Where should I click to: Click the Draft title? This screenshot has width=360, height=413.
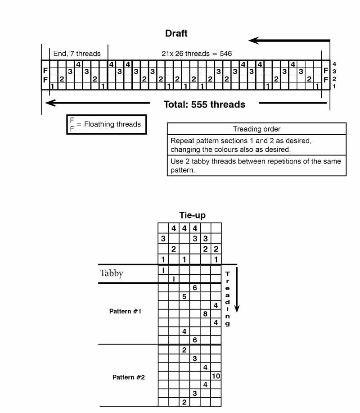(x=176, y=33)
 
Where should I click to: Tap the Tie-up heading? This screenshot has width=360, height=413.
(x=192, y=215)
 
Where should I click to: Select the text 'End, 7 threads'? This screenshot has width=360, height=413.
(x=77, y=54)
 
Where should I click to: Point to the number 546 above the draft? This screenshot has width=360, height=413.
(x=226, y=54)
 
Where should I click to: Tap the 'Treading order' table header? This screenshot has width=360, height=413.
(x=256, y=129)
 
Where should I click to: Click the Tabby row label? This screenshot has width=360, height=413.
(x=111, y=273)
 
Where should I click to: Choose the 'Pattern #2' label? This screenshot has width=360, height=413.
(x=129, y=377)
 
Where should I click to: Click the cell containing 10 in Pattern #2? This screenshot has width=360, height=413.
(x=216, y=376)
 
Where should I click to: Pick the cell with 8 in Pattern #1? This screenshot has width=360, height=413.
(x=205, y=313)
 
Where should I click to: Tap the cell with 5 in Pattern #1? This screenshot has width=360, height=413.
(x=184, y=296)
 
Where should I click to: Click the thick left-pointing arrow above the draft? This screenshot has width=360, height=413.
(x=288, y=41)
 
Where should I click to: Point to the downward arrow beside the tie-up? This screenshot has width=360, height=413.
(x=237, y=290)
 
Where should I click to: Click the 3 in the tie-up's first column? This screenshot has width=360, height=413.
(x=163, y=238)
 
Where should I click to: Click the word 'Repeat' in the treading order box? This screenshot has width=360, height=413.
(x=182, y=141)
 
